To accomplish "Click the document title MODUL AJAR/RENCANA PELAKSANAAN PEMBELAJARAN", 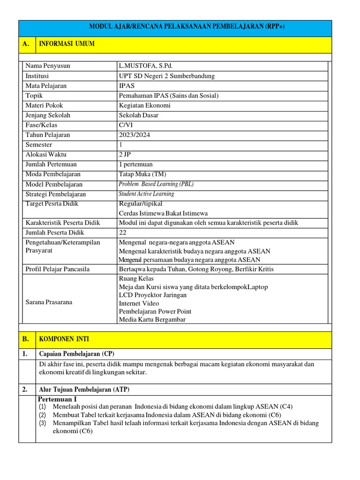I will [x=187, y=27].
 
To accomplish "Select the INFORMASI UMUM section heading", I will [x=67, y=44].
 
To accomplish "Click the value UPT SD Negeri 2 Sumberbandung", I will [x=167, y=76].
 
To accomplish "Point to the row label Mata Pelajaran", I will [x=46, y=86].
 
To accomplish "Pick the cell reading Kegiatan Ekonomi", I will [x=145, y=105].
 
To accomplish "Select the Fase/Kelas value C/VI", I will [x=126, y=125].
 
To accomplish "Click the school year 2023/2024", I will [x=135, y=135].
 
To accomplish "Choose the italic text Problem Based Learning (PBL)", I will [x=156, y=184].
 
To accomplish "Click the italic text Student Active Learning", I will [x=146, y=194].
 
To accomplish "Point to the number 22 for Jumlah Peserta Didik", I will [x=123, y=232].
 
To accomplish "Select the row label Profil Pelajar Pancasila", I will [x=57, y=269].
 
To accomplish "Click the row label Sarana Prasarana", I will [x=49, y=302].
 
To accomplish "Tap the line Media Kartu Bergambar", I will [x=152, y=320].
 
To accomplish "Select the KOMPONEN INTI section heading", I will [x=64, y=339].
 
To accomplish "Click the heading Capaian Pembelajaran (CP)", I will [x=77, y=353].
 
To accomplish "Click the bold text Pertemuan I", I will [x=57, y=399].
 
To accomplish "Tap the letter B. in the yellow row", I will [x=26, y=339].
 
